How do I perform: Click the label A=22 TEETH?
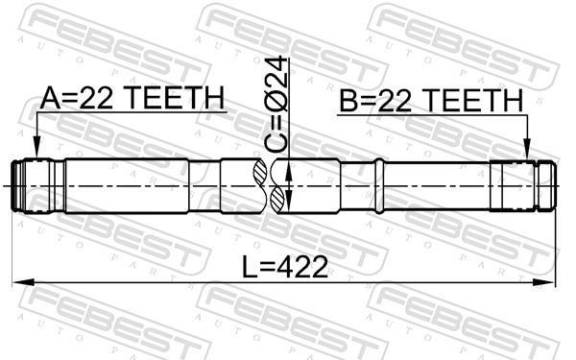pos(132,98)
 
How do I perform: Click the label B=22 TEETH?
pos(431,100)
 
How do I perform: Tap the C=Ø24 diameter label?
pos(276,105)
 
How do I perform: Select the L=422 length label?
pos(285,267)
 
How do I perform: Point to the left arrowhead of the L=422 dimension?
pos(23,282)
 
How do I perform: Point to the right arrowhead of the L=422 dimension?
pos(543,282)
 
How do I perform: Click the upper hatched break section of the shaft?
pos(259,172)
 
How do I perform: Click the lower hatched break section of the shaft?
pos(277,200)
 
